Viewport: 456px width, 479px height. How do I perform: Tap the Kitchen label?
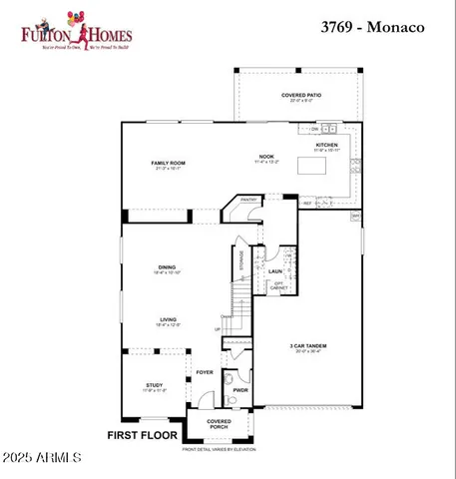(327, 145)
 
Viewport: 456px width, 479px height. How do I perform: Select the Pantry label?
(249, 200)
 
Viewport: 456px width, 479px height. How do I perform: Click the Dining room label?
(167, 266)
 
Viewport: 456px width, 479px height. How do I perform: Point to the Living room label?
(167, 319)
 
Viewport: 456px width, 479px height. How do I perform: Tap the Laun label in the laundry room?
(275, 270)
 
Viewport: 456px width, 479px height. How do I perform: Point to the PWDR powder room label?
(239, 390)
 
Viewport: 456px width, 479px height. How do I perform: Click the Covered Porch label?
(219, 424)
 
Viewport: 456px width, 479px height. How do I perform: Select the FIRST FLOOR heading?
(142, 435)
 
